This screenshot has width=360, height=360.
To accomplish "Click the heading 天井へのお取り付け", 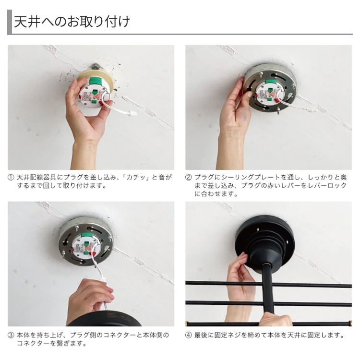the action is [72, 22].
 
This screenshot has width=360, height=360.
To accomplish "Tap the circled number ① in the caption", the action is [11, 178].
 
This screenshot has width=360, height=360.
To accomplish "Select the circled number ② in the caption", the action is [189, 178].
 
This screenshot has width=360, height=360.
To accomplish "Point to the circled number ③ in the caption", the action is [11, 336].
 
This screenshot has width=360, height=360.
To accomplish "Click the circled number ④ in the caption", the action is [189, 336].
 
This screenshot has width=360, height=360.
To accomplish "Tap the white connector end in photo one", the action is [132, 114].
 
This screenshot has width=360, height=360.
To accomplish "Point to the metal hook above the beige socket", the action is [96, 67].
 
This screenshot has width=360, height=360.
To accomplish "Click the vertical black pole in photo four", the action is [270, 290].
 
